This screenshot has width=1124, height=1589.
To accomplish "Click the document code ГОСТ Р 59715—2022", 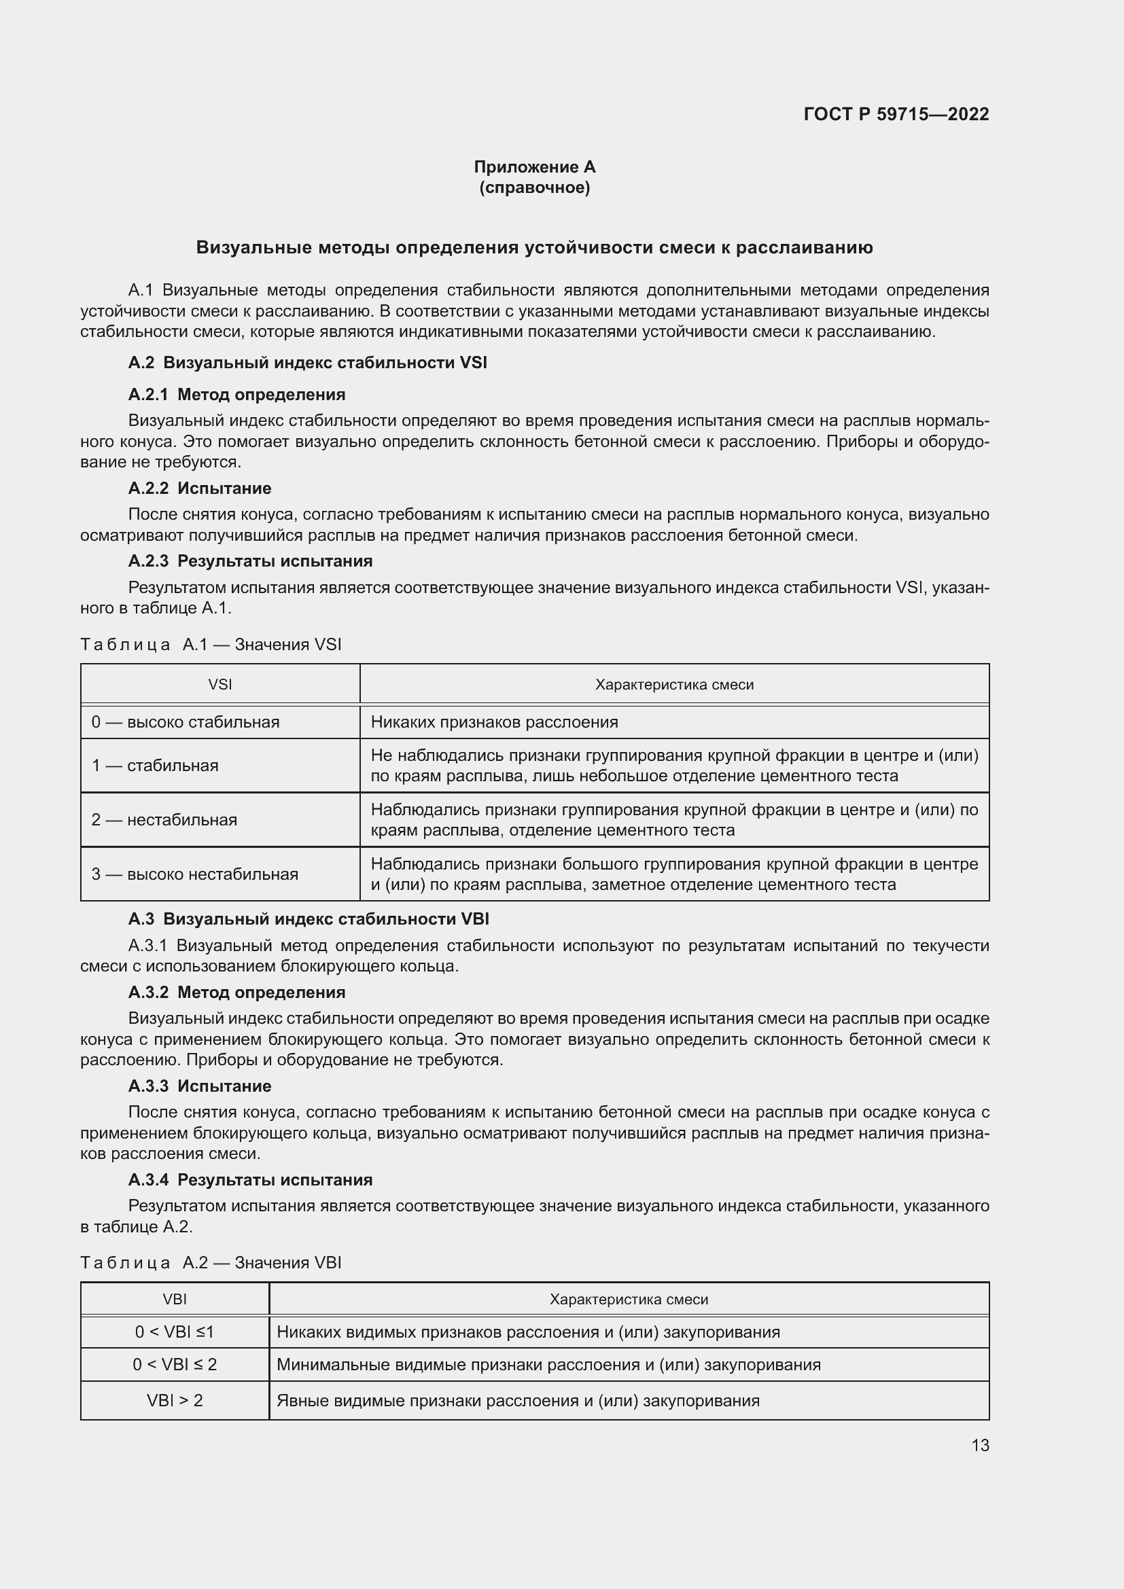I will coord(896,114).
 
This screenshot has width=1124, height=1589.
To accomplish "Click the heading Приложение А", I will coord(534,167).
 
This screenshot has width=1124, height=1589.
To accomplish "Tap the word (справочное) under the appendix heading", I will coord(534,188).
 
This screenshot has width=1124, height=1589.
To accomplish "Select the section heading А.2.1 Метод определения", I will coord(236,395).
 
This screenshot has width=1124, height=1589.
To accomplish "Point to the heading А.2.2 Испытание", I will coord(199,488).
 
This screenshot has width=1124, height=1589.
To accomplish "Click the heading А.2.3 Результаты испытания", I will coord(250,560).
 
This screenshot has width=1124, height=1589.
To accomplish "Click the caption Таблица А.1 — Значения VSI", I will coord(211,644).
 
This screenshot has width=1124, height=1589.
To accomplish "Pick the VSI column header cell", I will coord(220,685).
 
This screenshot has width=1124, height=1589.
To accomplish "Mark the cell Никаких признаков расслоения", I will coord(494,722).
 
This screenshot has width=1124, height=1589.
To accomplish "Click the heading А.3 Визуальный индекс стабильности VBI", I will coord(309,919).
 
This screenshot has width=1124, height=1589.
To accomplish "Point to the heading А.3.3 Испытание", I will coord(199,1086).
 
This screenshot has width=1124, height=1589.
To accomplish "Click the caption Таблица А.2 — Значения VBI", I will coord(211,1262).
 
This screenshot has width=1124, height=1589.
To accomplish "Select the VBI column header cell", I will coord(175,1299).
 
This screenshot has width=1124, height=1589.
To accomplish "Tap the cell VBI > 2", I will coord(175,1400).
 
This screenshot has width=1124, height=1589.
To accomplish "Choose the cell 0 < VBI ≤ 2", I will coord(175,1364).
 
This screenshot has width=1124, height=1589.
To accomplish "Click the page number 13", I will coord(980,1445).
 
